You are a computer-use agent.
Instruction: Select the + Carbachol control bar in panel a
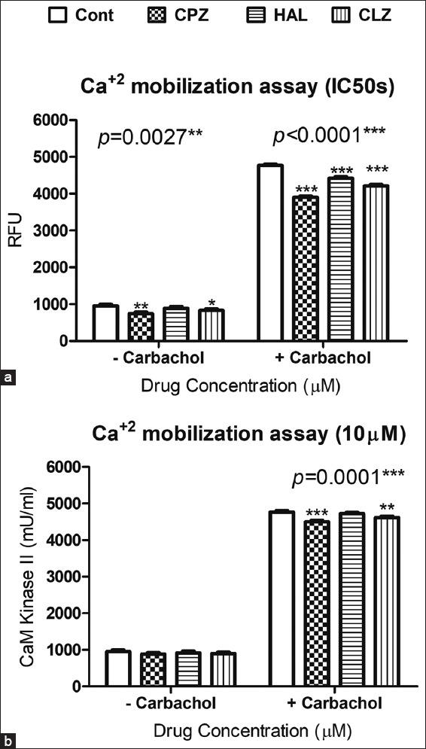[x=269, y=252]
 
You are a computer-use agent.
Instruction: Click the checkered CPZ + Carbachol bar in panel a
[x=305, y=268]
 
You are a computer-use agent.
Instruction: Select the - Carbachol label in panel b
[x=166, y=704]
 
